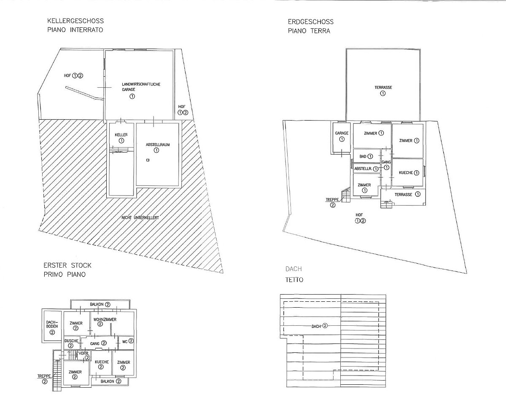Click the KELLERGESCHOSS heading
tap(75, 21)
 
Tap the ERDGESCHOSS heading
tap(311, 22)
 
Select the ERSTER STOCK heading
tap(67, 265)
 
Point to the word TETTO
tap(294, 280)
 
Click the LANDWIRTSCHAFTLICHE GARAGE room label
tap(141, 87)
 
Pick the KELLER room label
tap(121, 135)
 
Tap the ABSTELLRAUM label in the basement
tap(158, 145)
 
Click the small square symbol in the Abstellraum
tap(148, 160)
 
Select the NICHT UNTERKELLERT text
tap(140, 218)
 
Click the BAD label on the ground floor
tap(363, 156)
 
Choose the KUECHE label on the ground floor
tap(406, 173)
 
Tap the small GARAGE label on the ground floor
tap(342, 133)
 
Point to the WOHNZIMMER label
tap(105, 319)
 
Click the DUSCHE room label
tap(71, 341)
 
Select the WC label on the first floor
tap(125, 342)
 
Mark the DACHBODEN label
tap(52, 324)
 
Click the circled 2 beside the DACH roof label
tap(325, 326)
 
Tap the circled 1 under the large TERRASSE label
tap(383, 93)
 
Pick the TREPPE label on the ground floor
tap(332, 200)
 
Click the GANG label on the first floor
tap(95, 343)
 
